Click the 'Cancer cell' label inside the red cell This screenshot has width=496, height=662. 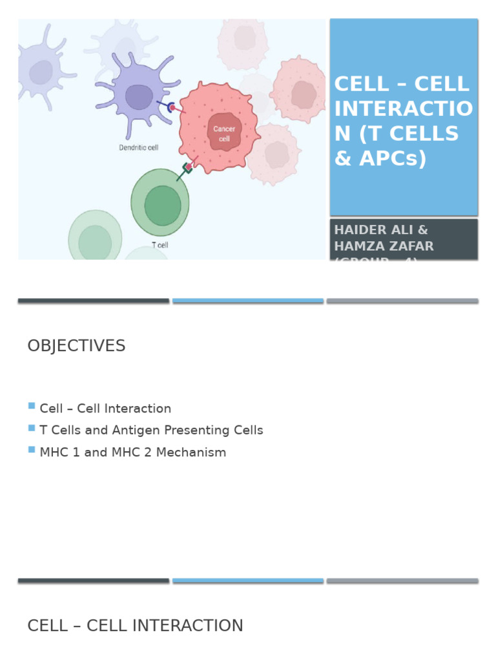[x=224, y=134]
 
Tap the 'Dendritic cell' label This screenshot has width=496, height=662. [x=139, y=147]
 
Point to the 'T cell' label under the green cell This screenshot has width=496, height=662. [x=160, y=245]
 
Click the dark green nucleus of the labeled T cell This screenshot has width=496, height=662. [x=162, y=205]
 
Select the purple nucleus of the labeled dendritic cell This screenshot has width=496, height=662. [x=139, y=97]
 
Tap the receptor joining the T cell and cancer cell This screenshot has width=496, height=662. [x=187, y=167]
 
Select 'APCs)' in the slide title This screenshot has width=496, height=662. [x=394, y=158]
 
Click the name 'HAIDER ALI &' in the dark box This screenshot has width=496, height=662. [x=380, y=230]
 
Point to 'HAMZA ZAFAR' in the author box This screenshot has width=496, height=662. [x=384, y=246]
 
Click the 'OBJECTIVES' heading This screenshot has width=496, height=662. [x=76, y=346]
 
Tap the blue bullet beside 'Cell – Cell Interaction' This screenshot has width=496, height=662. [x=32, y=406]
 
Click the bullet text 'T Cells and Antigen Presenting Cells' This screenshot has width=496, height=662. [x=151, y=431]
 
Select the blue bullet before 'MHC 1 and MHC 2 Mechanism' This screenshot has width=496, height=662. [x=32, y=449]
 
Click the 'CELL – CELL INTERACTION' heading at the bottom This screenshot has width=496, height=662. [x=135, y=626]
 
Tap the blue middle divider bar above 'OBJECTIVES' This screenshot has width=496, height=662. [x=248, y=301]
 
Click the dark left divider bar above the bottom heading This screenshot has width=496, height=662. [x=94, y=581]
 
